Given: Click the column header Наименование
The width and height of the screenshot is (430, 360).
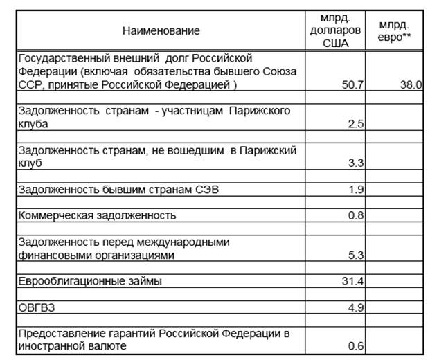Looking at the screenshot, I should coord(161,30).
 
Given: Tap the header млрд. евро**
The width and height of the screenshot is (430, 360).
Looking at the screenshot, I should coord(391,30).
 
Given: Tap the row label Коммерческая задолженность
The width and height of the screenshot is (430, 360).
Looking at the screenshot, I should coord(98,215).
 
